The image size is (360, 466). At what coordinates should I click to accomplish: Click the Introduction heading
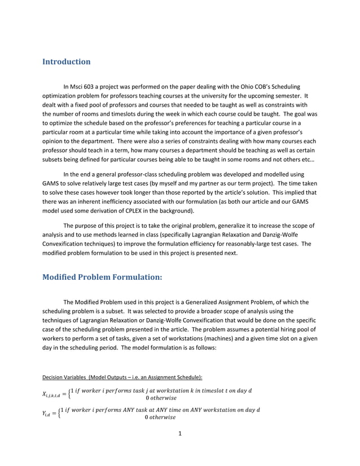tap(67, 61)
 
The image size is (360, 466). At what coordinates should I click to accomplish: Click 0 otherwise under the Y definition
tap(160, 418)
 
